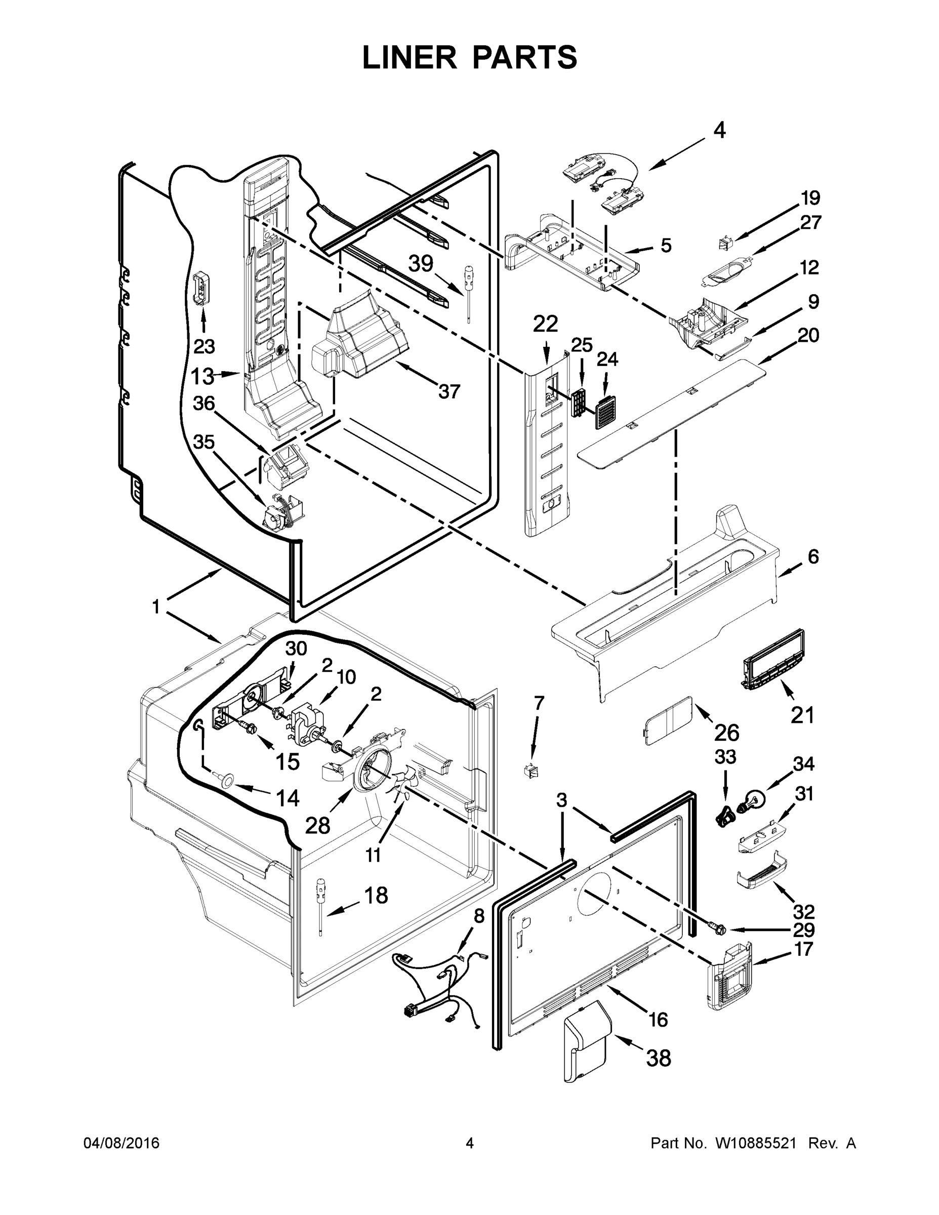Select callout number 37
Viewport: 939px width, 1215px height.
coord(449,392)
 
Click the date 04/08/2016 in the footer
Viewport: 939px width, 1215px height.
coord(121,1143)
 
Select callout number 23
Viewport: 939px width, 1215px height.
coord(204,347)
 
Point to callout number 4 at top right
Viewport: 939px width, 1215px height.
coord(719,131)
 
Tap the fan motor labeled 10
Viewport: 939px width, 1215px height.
coord(308,721)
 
